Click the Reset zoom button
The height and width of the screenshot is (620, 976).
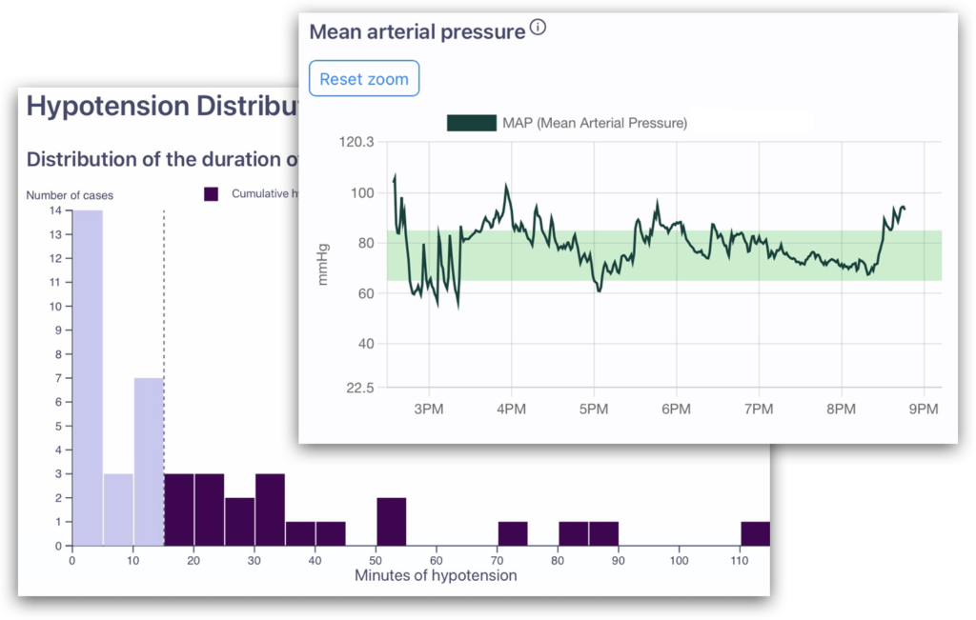(364, 79)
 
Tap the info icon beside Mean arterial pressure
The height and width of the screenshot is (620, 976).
(538, 29)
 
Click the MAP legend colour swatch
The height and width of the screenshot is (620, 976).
(472, 123)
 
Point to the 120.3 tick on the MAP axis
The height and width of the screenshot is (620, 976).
(356, 142)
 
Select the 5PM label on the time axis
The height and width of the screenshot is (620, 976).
(593, 409)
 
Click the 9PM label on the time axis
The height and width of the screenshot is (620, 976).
(923, 409)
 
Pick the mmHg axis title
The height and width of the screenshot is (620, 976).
(324, 265)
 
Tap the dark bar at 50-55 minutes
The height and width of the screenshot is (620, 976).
(391, 522)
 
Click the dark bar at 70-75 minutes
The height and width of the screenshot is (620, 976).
(513, 533)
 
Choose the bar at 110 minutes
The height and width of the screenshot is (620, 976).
(755, 533)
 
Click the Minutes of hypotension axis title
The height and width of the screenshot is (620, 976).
(436, 575)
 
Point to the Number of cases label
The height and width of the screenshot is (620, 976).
(70, 195)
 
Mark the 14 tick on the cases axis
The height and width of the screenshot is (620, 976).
(57, 210)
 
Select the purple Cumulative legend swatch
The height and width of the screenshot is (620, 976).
(212, 193)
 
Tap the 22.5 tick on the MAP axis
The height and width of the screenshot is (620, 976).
(359, 388)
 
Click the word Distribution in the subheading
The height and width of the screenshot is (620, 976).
(82, 159)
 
